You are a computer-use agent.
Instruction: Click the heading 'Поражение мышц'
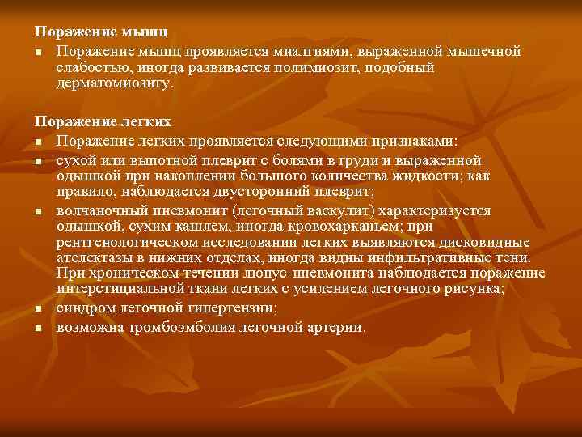coord(101,32)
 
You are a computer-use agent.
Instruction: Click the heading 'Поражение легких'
coord(103,121)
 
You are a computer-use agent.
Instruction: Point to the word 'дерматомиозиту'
coord(114,83)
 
